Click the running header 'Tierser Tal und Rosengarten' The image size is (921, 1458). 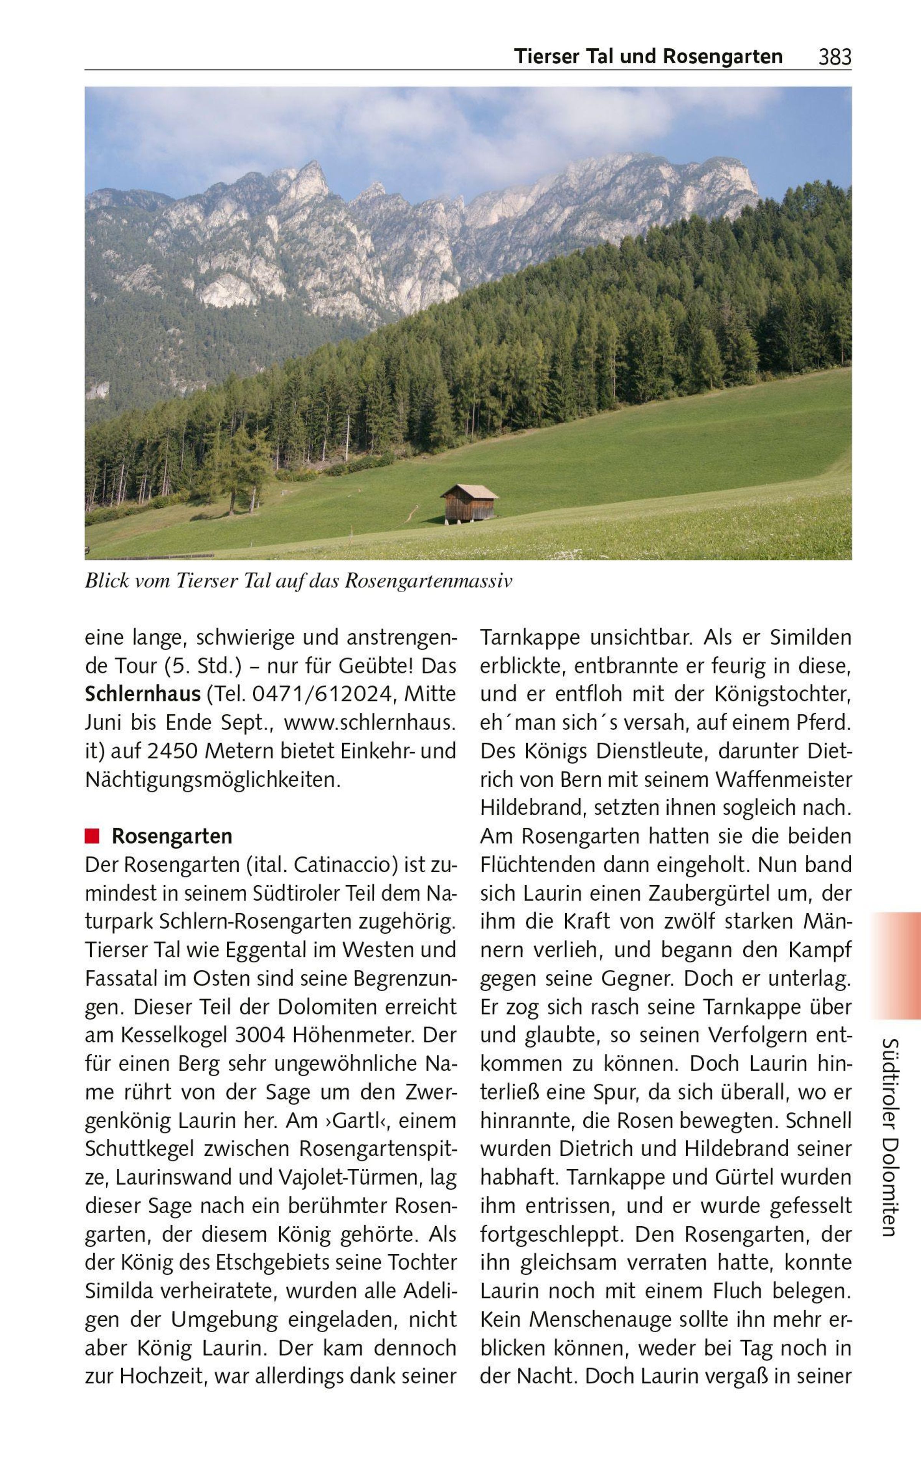648,56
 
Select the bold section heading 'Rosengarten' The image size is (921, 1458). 172,836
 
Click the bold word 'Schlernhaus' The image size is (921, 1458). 143,694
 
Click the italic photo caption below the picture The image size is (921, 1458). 298,581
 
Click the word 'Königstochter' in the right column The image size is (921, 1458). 783,694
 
